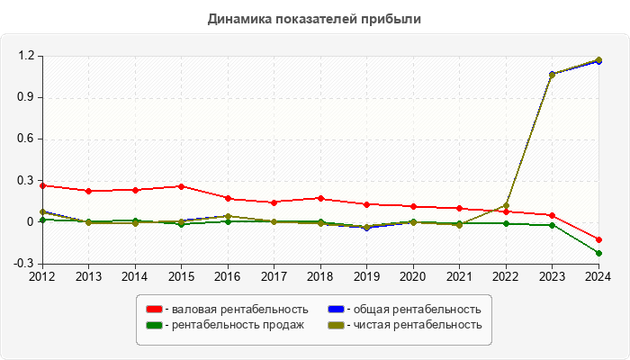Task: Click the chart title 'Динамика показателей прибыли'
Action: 314,18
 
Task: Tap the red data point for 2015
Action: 181,186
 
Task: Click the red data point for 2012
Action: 41,185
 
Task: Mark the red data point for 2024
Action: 598,239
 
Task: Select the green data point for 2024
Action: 598,253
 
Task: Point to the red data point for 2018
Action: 320,198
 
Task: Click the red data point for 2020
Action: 413,206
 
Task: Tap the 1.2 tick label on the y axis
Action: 25,56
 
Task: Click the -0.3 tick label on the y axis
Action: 23,264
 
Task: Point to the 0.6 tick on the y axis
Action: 25,139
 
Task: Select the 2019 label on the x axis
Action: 366,276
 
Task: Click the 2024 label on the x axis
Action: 598,276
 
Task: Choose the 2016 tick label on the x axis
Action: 228,276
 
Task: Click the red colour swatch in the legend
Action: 154,310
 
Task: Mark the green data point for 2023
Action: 552,225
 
